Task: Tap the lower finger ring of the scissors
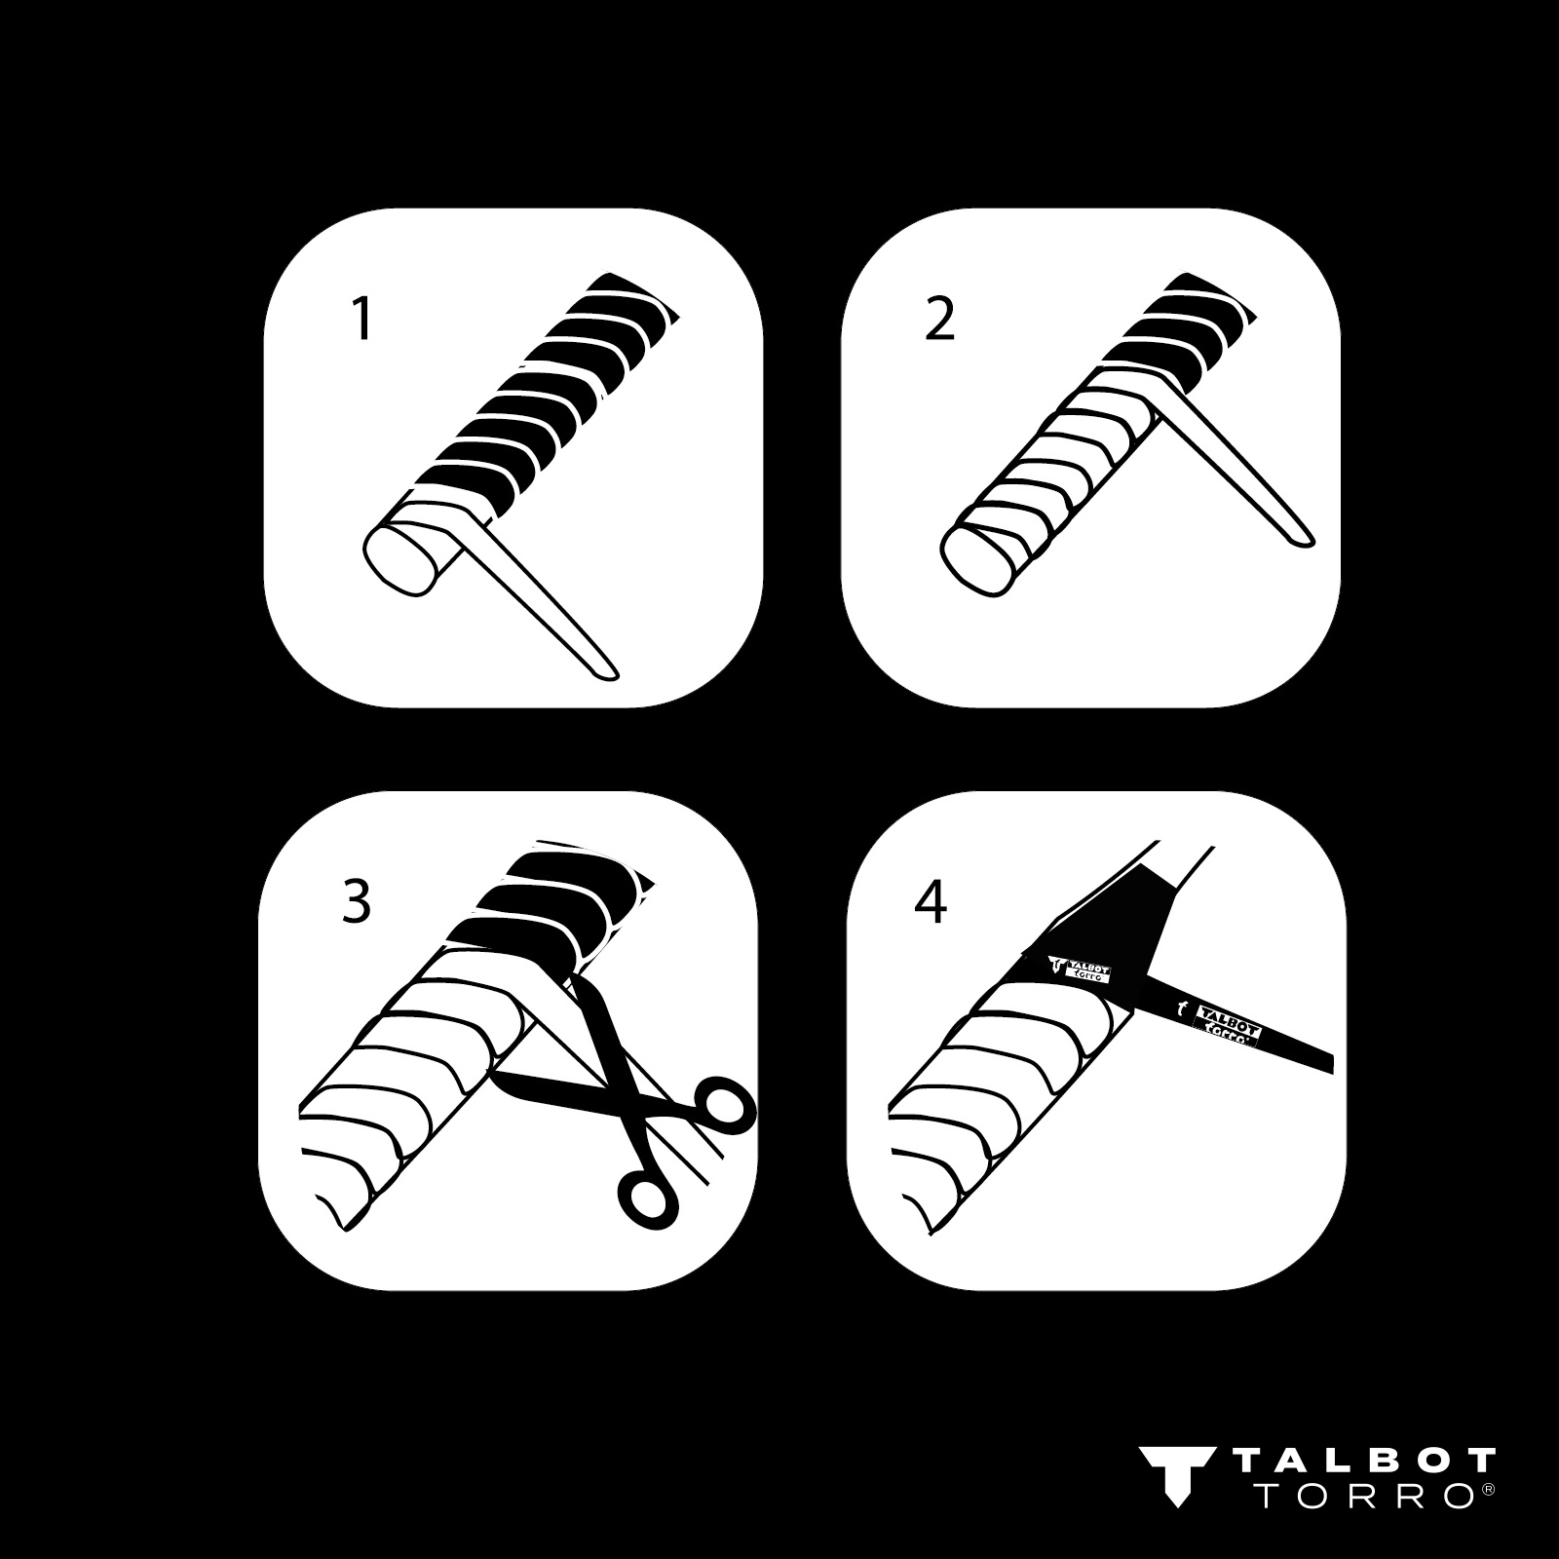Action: [x=647, y=1196]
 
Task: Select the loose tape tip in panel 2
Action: [x=1301, y=535]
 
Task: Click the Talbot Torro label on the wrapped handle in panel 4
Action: [x=1084, y=968]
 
